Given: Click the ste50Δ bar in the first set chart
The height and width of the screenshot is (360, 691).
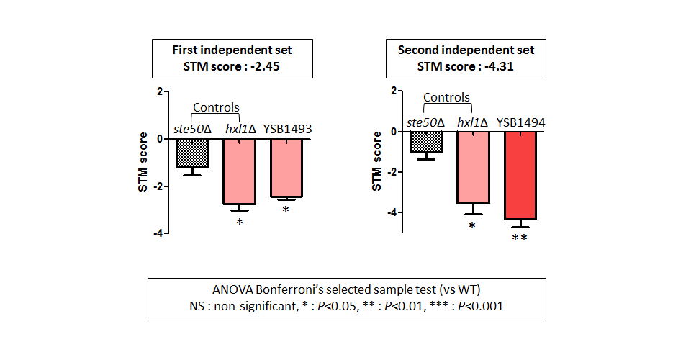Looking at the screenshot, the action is pyautogui.click(x=192, y=153).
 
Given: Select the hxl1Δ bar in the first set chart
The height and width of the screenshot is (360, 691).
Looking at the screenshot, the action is pyautogui.click(x=239, y=171).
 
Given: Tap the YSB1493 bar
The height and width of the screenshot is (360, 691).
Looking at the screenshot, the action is pyautogui.click(x=286, y=168).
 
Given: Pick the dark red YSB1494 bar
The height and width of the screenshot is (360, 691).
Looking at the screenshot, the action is pyautogui.click(x=520, y=176).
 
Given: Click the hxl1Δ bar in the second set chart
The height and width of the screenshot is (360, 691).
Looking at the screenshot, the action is pyautogui.click(x=474, y=168).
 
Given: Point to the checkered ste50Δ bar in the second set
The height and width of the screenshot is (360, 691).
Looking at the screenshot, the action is pyautogui.click(x=425, y=143).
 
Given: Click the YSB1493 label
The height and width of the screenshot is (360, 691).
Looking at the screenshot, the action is pyautogui.click(x=287, y=129).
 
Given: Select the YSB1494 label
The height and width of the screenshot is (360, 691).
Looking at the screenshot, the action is pyautogui.click(x=521, y=122).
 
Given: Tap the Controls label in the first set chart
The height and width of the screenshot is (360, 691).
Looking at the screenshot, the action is pyautogui.click(x=216, y=107).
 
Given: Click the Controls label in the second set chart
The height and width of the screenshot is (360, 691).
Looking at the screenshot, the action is pyautogui.click(x=446, y=97).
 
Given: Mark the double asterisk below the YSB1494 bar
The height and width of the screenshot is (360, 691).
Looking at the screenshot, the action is pyautogui.click(x=520, y=238).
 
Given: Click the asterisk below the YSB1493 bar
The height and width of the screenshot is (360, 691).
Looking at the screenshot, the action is pyautogui.click(x=286, y=210).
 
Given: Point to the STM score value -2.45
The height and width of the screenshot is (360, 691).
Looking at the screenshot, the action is pyautogui.click(x=265, y=66).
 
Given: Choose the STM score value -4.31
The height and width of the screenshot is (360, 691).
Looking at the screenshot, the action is pyautogui.click(x=499, y=66).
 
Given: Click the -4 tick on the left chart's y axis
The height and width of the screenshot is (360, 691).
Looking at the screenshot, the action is pyautogui.click(x=158, y=233).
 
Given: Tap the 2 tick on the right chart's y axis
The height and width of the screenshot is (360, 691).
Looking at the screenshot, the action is pyautogui.click(x=394, y=91).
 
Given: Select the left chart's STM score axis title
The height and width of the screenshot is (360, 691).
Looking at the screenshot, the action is pyautogui.click(x=143, y=162).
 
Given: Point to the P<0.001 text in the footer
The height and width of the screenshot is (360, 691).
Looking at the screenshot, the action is pyautogui.click(x=480, y=306).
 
